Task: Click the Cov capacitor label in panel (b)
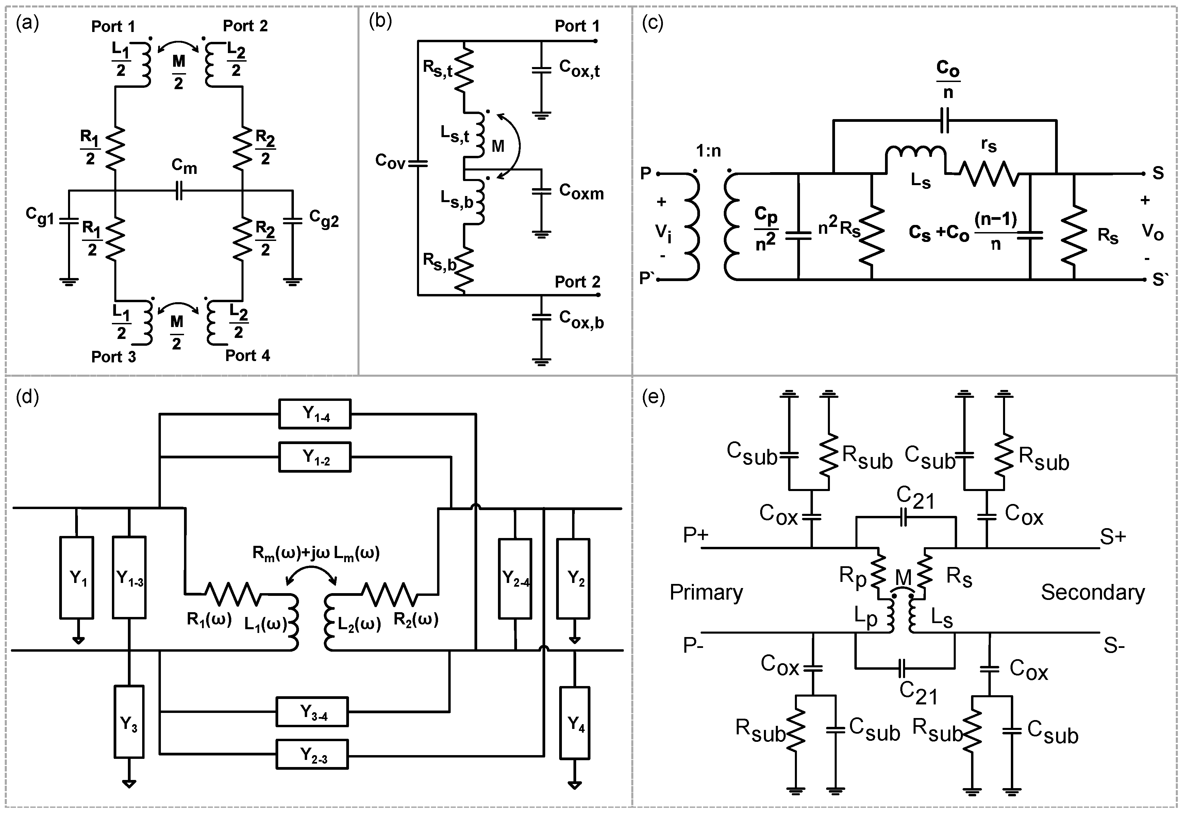coord(390,161)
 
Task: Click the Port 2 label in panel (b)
coord(577,282)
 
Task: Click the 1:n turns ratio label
coord(708,151)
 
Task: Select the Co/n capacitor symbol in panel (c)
coord(944,120)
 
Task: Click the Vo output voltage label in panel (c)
coord(1152,232)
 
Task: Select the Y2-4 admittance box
coord(515,578)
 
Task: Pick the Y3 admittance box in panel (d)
coord(129,721)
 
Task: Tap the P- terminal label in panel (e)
coord(693,646)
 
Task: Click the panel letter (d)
coord(27,397)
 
